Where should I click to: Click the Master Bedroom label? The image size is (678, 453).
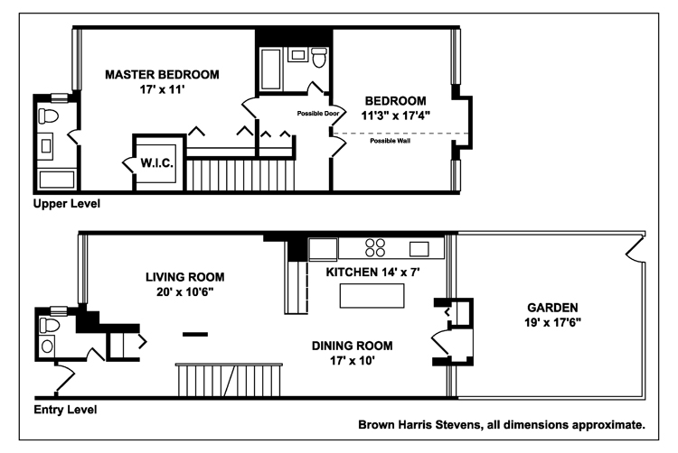(x=162, y=75)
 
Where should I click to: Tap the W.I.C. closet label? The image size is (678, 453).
(x=157, y=163)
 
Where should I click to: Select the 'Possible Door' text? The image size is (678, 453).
(x=318, y=114)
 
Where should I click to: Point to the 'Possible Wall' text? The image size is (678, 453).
(x=390, y=141)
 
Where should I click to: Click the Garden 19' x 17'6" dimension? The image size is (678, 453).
(x=552, y=322)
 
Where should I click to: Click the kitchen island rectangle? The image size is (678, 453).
(x=372, y=295)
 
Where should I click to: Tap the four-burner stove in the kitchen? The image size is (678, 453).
(x=375, y=247)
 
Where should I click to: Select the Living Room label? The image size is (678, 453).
(x=184, y=277)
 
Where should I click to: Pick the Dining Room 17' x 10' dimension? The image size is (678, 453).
(x=353, y=361)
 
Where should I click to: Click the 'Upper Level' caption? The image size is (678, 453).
(x=67, y=204)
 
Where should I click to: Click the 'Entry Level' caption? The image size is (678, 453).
(x=65, y=410)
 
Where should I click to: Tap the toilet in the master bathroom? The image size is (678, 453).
(x=48, y=116)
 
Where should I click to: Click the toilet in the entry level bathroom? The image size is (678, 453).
(x=50, y=325)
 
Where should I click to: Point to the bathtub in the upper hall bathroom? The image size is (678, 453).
(x=271, y=69)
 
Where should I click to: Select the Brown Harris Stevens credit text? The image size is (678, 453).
(x=502, y=425)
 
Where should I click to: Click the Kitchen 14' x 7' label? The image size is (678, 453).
(x=372, y=273)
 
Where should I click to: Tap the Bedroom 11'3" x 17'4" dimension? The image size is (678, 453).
(x=396, y=116)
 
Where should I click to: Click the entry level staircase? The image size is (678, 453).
(x=230, y=380)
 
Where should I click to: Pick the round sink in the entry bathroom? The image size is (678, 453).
(x=47, y=346)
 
